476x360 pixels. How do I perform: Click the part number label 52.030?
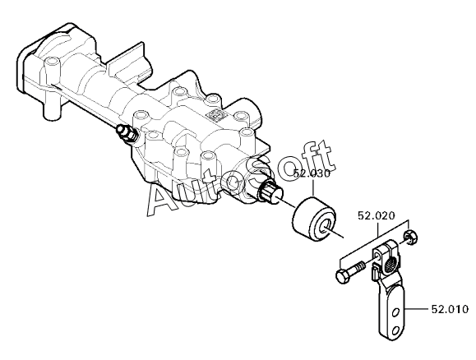pos(312,174)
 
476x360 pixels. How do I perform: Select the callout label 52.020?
pos(377,215)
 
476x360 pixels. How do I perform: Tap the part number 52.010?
pos(450,309)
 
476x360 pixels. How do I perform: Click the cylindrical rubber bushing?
pos(314,219)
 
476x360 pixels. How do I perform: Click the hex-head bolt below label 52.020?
pos(350,272)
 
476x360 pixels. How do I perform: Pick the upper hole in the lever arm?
pos(395,312)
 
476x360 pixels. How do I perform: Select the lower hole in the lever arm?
pos(395,330)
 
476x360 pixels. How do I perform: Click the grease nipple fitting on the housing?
pos(126,134)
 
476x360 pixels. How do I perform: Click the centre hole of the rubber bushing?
pos(326,225)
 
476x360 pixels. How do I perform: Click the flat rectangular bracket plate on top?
pos(127,62)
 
